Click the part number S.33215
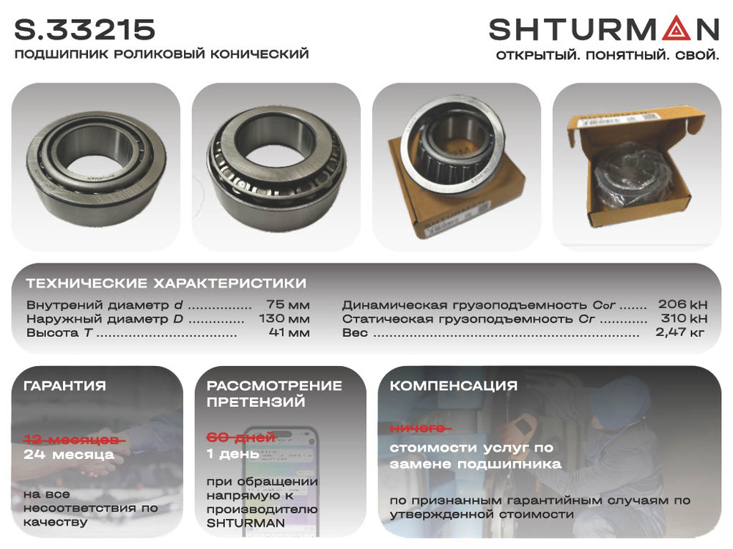(84, 29)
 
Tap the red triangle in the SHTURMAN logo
(675, 29)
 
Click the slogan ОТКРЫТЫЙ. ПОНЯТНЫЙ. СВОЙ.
(607, 55)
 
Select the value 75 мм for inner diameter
(288, 305)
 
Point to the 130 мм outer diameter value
(284, 319)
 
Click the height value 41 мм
(290, 332)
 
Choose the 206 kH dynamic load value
(682, 305)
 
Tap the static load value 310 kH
(684, 318)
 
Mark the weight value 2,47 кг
(679, 332)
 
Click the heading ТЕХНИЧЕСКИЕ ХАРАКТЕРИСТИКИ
(166, 283)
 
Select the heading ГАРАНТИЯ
(65, 386)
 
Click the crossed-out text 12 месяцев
(74, 440)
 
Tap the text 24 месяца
(69, 455)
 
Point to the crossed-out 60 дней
(241, 438)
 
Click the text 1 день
(233, 454)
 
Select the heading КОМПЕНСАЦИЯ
(454, 386)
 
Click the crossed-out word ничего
(420, 428)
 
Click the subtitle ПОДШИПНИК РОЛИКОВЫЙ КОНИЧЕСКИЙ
(162, 53)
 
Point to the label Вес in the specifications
(355, 332)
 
